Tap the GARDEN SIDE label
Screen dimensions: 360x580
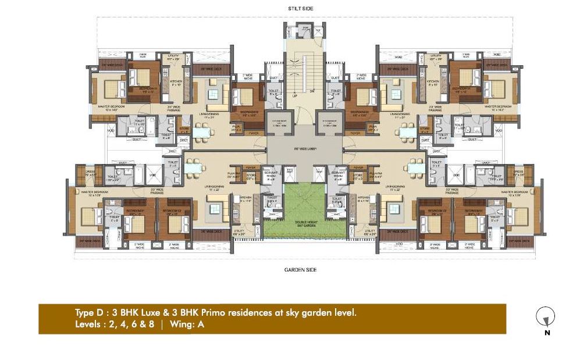[300, 270]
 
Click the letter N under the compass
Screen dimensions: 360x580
[546, 333]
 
